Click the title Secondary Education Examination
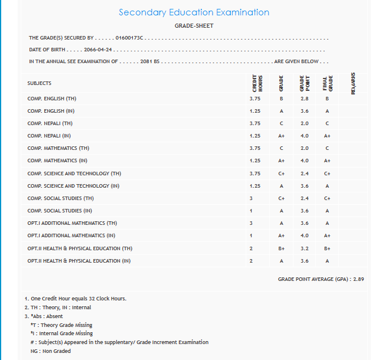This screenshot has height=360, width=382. point(194,12)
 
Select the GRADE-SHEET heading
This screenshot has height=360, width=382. point(194,26)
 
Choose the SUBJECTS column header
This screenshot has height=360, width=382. point(40,83)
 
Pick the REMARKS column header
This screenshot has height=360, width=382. point(353,83)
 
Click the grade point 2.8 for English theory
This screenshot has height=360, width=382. point(304,99)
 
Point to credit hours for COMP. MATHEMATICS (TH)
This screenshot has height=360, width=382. point(255,148)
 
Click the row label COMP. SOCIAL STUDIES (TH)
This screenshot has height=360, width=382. point(61,198)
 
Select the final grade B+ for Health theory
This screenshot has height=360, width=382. point(327,248)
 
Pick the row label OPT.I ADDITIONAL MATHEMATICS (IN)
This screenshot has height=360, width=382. point(72,235)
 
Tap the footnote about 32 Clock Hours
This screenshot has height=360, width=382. point(76,299)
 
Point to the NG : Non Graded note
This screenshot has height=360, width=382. point(50,351)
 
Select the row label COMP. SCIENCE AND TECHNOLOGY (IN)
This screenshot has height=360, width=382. point(73,186)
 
